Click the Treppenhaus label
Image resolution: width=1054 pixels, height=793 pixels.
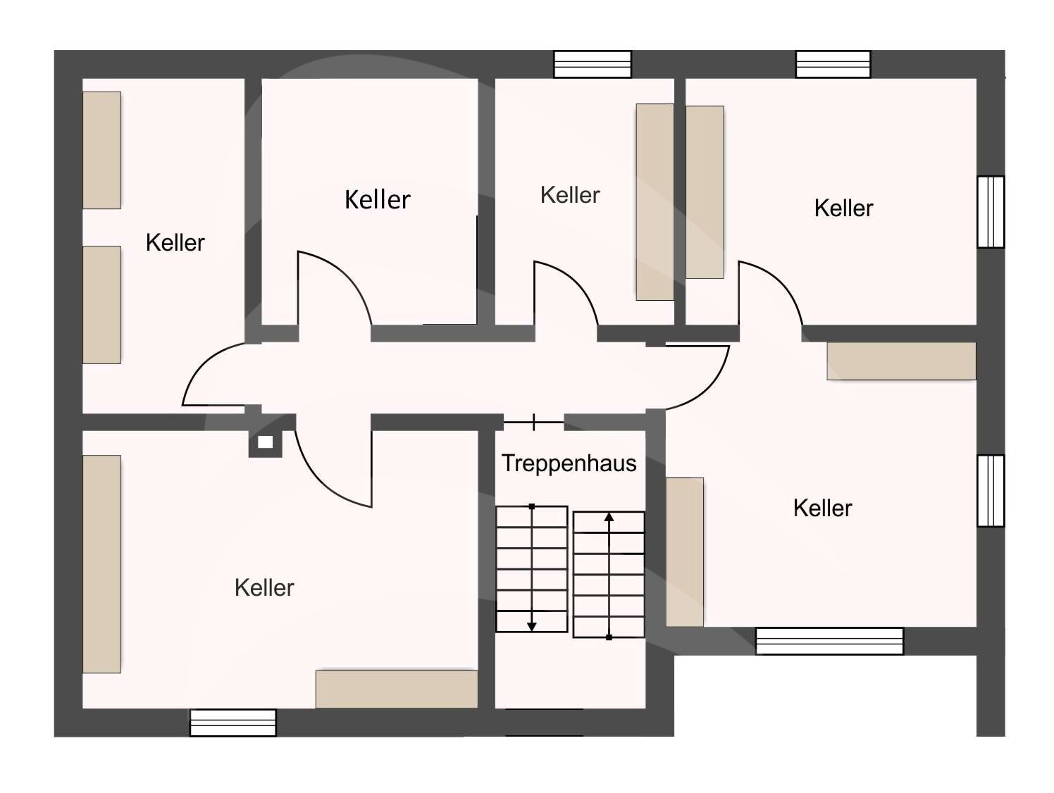tap(569, 463)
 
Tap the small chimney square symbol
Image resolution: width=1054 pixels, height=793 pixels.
tap(265, 442)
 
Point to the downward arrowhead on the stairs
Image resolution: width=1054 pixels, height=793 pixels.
tap(532, 625)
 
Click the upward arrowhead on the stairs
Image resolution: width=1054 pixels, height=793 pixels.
tap(609, 518)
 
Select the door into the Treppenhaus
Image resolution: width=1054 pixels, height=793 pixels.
tap(533, 423)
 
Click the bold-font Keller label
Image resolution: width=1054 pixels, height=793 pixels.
tap(377, 199)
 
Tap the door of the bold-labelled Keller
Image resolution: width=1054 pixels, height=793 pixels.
tap(331, 289)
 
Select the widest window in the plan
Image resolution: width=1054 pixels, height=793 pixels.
tap(829, 641)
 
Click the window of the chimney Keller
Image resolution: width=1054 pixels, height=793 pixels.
tap(232, 723)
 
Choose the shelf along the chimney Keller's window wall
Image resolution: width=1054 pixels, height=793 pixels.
tap(396, 689)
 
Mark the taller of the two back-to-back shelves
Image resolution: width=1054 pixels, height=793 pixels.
tap(655, 202)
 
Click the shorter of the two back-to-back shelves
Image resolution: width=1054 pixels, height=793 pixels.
tap(705, 192)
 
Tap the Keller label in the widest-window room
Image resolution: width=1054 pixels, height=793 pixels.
tap(822, 508)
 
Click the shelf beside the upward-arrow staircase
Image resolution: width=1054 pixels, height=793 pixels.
tap(684, 552)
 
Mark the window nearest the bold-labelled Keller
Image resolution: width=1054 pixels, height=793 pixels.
tap(592, 64)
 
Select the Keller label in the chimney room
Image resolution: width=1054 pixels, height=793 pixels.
tap(264, 587)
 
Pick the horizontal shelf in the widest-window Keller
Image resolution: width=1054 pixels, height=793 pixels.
tap(901, 361)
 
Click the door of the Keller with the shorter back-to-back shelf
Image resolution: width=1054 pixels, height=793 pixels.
tap(769, 292)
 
